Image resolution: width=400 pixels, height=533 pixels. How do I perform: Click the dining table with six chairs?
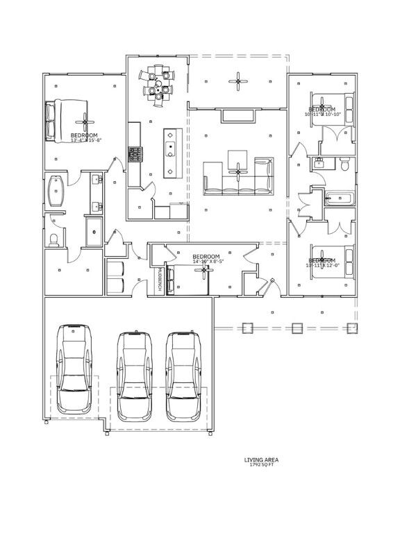coord(159,83)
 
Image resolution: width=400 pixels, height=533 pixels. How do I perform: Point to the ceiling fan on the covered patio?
coord(238,82)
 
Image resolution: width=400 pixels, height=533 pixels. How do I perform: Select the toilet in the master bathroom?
coord(55,239)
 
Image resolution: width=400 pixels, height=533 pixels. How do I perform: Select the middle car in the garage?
coord(135,375)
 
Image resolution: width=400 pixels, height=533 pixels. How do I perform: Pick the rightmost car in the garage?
coord(183,375)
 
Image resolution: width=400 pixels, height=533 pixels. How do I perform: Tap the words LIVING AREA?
coord(261,459)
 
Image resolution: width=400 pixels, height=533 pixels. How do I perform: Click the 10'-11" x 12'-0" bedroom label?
coord(322,263)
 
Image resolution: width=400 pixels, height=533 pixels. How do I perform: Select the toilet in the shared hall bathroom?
coord(344,164)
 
